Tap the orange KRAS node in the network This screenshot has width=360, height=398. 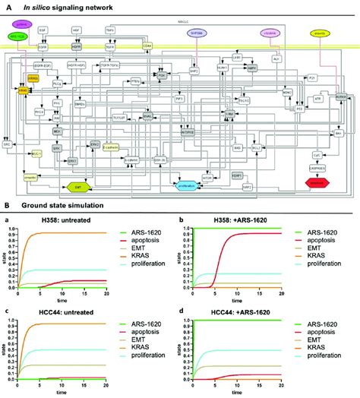[x=24, y=90]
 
